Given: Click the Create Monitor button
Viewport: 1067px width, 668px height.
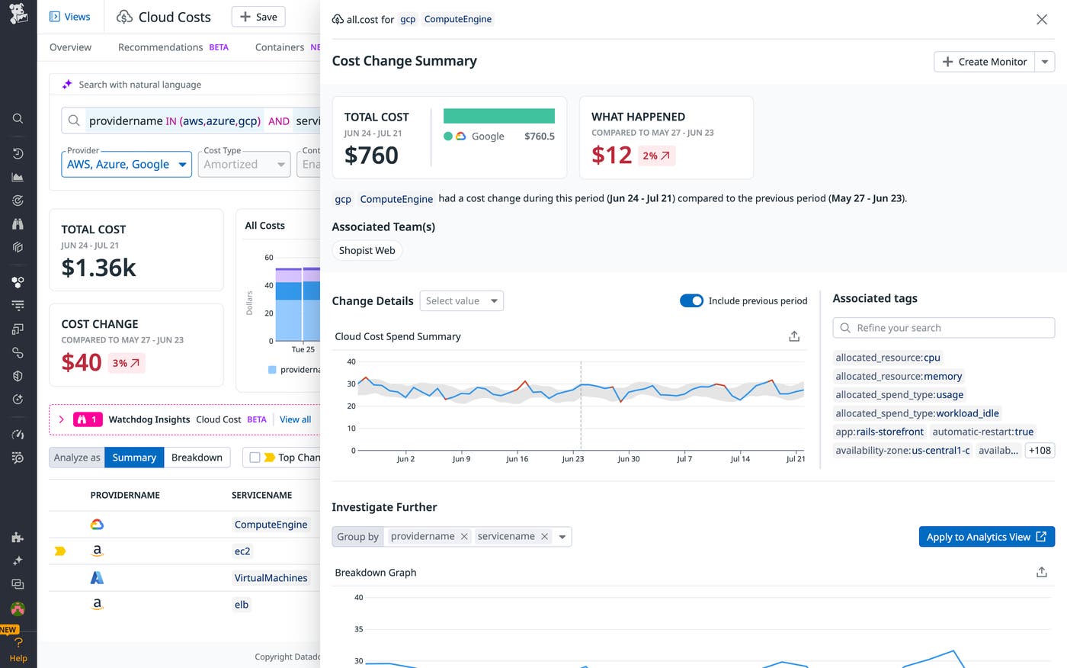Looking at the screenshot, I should point(984,62).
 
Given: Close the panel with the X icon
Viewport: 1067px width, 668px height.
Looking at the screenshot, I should point(1041,20).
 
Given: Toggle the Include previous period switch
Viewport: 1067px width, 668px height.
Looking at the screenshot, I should point(691,300).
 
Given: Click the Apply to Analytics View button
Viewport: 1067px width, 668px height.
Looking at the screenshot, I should point(986,537).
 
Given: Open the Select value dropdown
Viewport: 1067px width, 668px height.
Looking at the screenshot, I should point(461,301).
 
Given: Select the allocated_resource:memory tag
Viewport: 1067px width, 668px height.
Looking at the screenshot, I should point(899,376).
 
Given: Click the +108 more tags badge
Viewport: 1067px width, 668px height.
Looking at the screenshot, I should point(1040,451).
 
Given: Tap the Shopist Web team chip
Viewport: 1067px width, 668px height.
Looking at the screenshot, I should point(367,250).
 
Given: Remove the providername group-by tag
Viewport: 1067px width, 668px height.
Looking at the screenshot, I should point(464,537).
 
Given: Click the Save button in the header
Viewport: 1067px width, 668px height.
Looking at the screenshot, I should point(258,17).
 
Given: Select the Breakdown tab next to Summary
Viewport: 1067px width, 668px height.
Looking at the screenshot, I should point(197,458).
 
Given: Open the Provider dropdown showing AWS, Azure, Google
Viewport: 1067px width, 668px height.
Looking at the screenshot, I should point(127,164).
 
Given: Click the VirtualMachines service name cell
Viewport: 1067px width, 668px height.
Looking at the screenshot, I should point(271,578).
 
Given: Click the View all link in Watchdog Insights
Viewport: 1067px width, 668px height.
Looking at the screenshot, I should point(295,419).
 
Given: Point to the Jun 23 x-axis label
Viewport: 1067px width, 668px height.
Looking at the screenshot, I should point(572,459).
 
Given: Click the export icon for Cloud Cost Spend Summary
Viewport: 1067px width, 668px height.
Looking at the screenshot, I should point(793,336).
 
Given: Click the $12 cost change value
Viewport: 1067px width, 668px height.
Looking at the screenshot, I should point(611,156).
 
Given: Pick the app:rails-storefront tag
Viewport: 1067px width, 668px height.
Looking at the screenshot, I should point(879,432).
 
